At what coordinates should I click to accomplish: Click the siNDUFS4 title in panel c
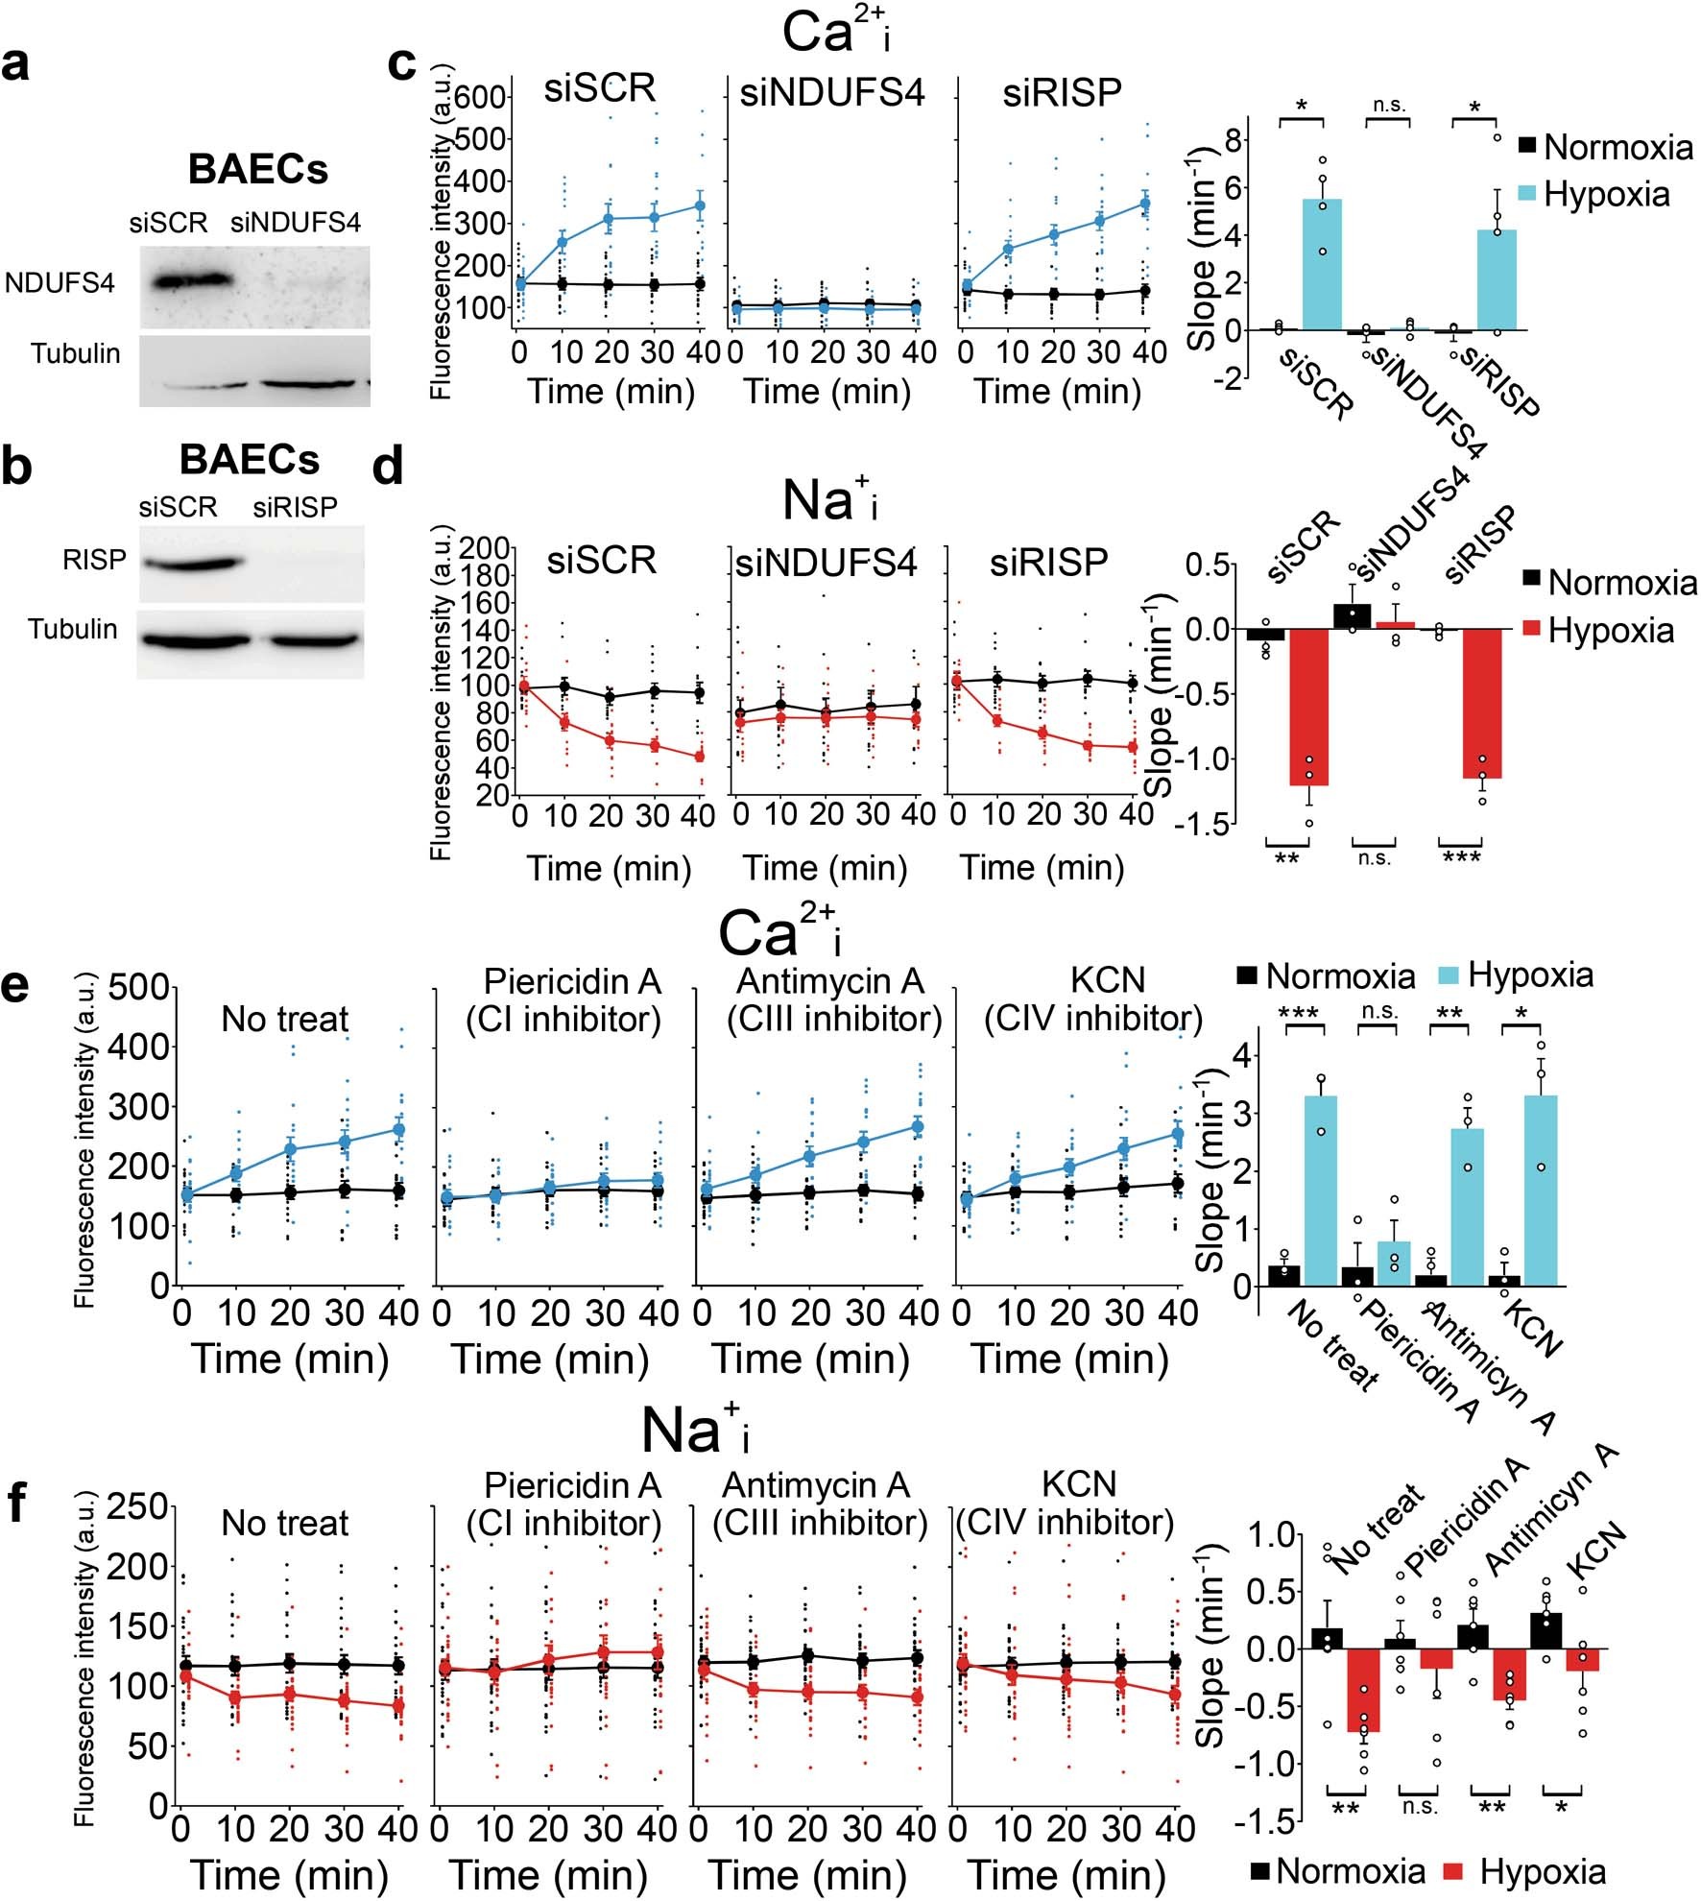[831, 93]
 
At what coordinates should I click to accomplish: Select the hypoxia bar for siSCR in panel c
[1322, 264]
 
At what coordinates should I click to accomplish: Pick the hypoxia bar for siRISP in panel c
[1497, 279]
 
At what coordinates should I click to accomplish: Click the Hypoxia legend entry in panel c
[1606, 195]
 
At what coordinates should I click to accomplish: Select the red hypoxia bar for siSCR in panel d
[1308, 707]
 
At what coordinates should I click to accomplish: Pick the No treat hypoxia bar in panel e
[1321, 1191]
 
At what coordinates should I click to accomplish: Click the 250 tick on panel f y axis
[136, 1507]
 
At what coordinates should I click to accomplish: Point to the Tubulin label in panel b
[73, 630]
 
